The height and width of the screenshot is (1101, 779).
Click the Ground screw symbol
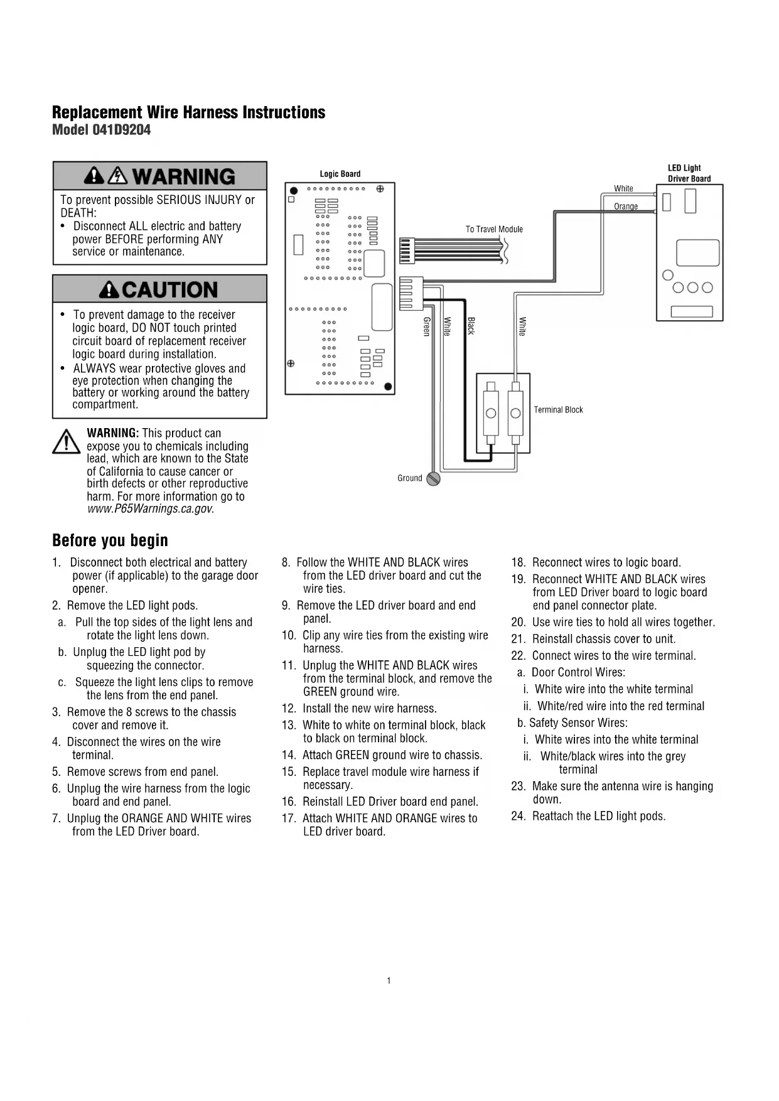[433, 479]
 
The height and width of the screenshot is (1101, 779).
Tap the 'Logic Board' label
[340, 174]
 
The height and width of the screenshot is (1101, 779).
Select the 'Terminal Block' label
[558, 410]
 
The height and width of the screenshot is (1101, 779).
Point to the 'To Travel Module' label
[494, 229]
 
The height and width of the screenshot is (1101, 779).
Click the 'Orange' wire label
[626, 207]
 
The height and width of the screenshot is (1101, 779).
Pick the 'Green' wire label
[427, 326]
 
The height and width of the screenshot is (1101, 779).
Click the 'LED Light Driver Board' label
[689, 173]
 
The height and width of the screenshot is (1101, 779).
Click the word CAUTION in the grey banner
[169, 290]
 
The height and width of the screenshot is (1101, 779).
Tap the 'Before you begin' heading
[110, 540]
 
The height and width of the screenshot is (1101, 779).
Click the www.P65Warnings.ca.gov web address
[150, 509]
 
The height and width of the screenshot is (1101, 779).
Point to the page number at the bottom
[389, 980]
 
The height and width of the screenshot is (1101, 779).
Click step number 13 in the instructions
[289, 726]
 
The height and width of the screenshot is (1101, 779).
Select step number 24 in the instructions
[518, 816]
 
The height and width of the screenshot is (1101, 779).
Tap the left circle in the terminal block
[491, 412]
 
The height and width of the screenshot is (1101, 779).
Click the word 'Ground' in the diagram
[410, 478]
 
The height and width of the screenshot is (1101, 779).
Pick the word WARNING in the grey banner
[183, 176]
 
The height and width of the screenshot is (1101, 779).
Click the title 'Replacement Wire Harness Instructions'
[188, 112]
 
